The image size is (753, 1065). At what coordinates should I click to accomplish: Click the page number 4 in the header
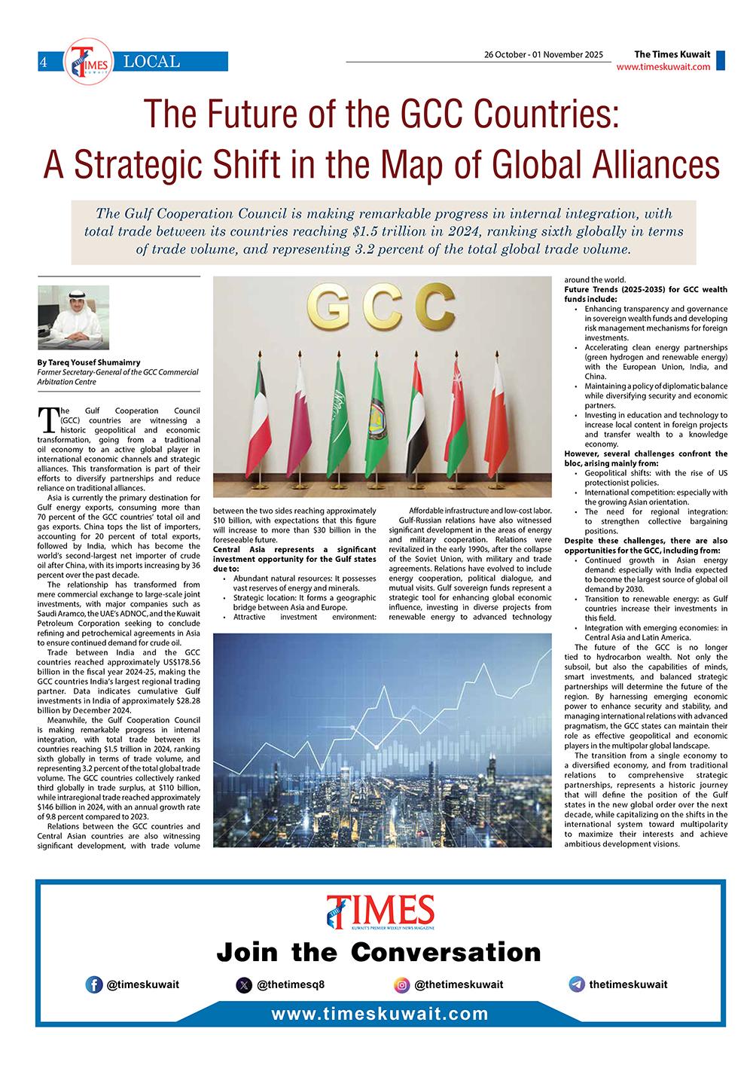44,63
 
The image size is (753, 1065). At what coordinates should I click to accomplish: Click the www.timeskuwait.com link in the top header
663,67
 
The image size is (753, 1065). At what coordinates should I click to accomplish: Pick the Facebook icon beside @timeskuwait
94,984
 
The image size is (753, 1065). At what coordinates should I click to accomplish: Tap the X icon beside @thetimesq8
243,984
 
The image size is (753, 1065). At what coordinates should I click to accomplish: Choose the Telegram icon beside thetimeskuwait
577,984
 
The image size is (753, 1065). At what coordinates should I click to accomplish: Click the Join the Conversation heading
379,952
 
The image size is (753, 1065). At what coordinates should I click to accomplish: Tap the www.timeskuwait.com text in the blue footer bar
380,1014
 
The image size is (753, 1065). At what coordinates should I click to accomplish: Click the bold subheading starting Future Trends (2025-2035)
645,294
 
